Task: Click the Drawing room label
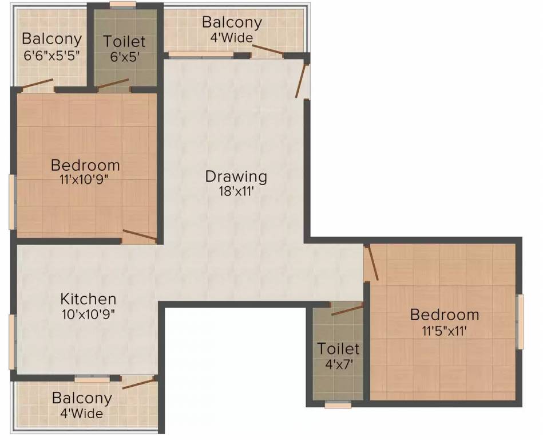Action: point(236,176)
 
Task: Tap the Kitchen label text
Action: point(89,299)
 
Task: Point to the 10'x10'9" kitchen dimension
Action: point(89,315)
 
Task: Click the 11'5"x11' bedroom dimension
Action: point(445,330)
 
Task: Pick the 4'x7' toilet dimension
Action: point(338,363)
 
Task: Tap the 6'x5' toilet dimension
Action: point(124,57)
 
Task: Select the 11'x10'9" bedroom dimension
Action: point(85,180)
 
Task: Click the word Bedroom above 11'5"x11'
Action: point(445,315)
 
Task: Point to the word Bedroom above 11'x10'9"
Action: point(85,166)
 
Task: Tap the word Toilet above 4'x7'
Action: point(339,348)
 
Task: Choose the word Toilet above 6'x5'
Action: point(124,42)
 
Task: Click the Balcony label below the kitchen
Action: point(82,398)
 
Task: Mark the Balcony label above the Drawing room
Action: point(232,23)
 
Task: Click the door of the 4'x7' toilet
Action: point(347,310)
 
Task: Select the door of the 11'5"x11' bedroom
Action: point(371,262)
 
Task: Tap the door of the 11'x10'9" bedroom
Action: point(139,235)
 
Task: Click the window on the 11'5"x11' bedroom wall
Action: point(520,321)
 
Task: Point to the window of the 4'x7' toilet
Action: point(338,405)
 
